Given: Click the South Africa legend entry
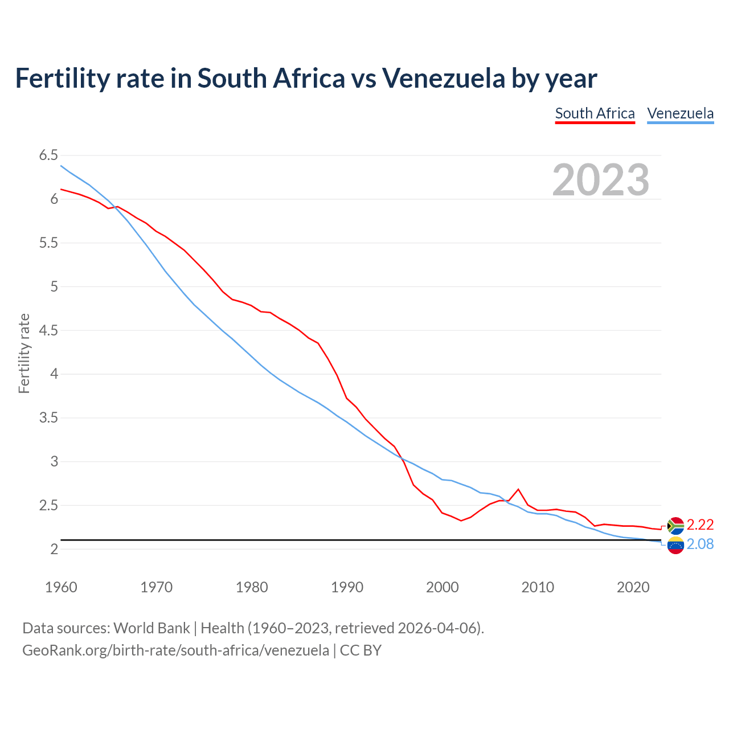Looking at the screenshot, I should (x=595, y=113).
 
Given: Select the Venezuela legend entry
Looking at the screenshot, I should (x=680, y=113).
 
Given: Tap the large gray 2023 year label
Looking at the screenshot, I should (x=601, y=180).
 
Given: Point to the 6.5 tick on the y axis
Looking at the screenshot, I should (x=48, y=155).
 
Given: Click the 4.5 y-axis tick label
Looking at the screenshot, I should (x=48, y=330).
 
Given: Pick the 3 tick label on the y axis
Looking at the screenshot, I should (x=54, y=462).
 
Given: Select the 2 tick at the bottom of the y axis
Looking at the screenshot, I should (x=54, y=549).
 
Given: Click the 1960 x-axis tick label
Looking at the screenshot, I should (x=61, y=587).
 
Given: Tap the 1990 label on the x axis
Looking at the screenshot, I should (x=347, y=587).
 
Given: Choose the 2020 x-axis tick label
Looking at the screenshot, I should (x=633, y=587).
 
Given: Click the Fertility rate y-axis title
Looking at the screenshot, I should (x=24, y=353).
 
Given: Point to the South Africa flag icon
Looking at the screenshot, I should (x=675, y=525).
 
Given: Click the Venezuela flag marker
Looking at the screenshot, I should (x=675, y=545).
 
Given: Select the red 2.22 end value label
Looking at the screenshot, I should (x=700, y=525).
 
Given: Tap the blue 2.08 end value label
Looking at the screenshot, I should (x=700, y=544).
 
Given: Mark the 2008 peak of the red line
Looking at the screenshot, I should (x=518, y=489).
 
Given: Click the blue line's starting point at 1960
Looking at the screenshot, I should (x=62, y=166).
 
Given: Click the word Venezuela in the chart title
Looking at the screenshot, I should (x=444, y=79).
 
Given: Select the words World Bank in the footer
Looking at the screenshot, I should (x=151, y=628).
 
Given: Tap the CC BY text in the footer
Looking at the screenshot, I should (x=361, y=650).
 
